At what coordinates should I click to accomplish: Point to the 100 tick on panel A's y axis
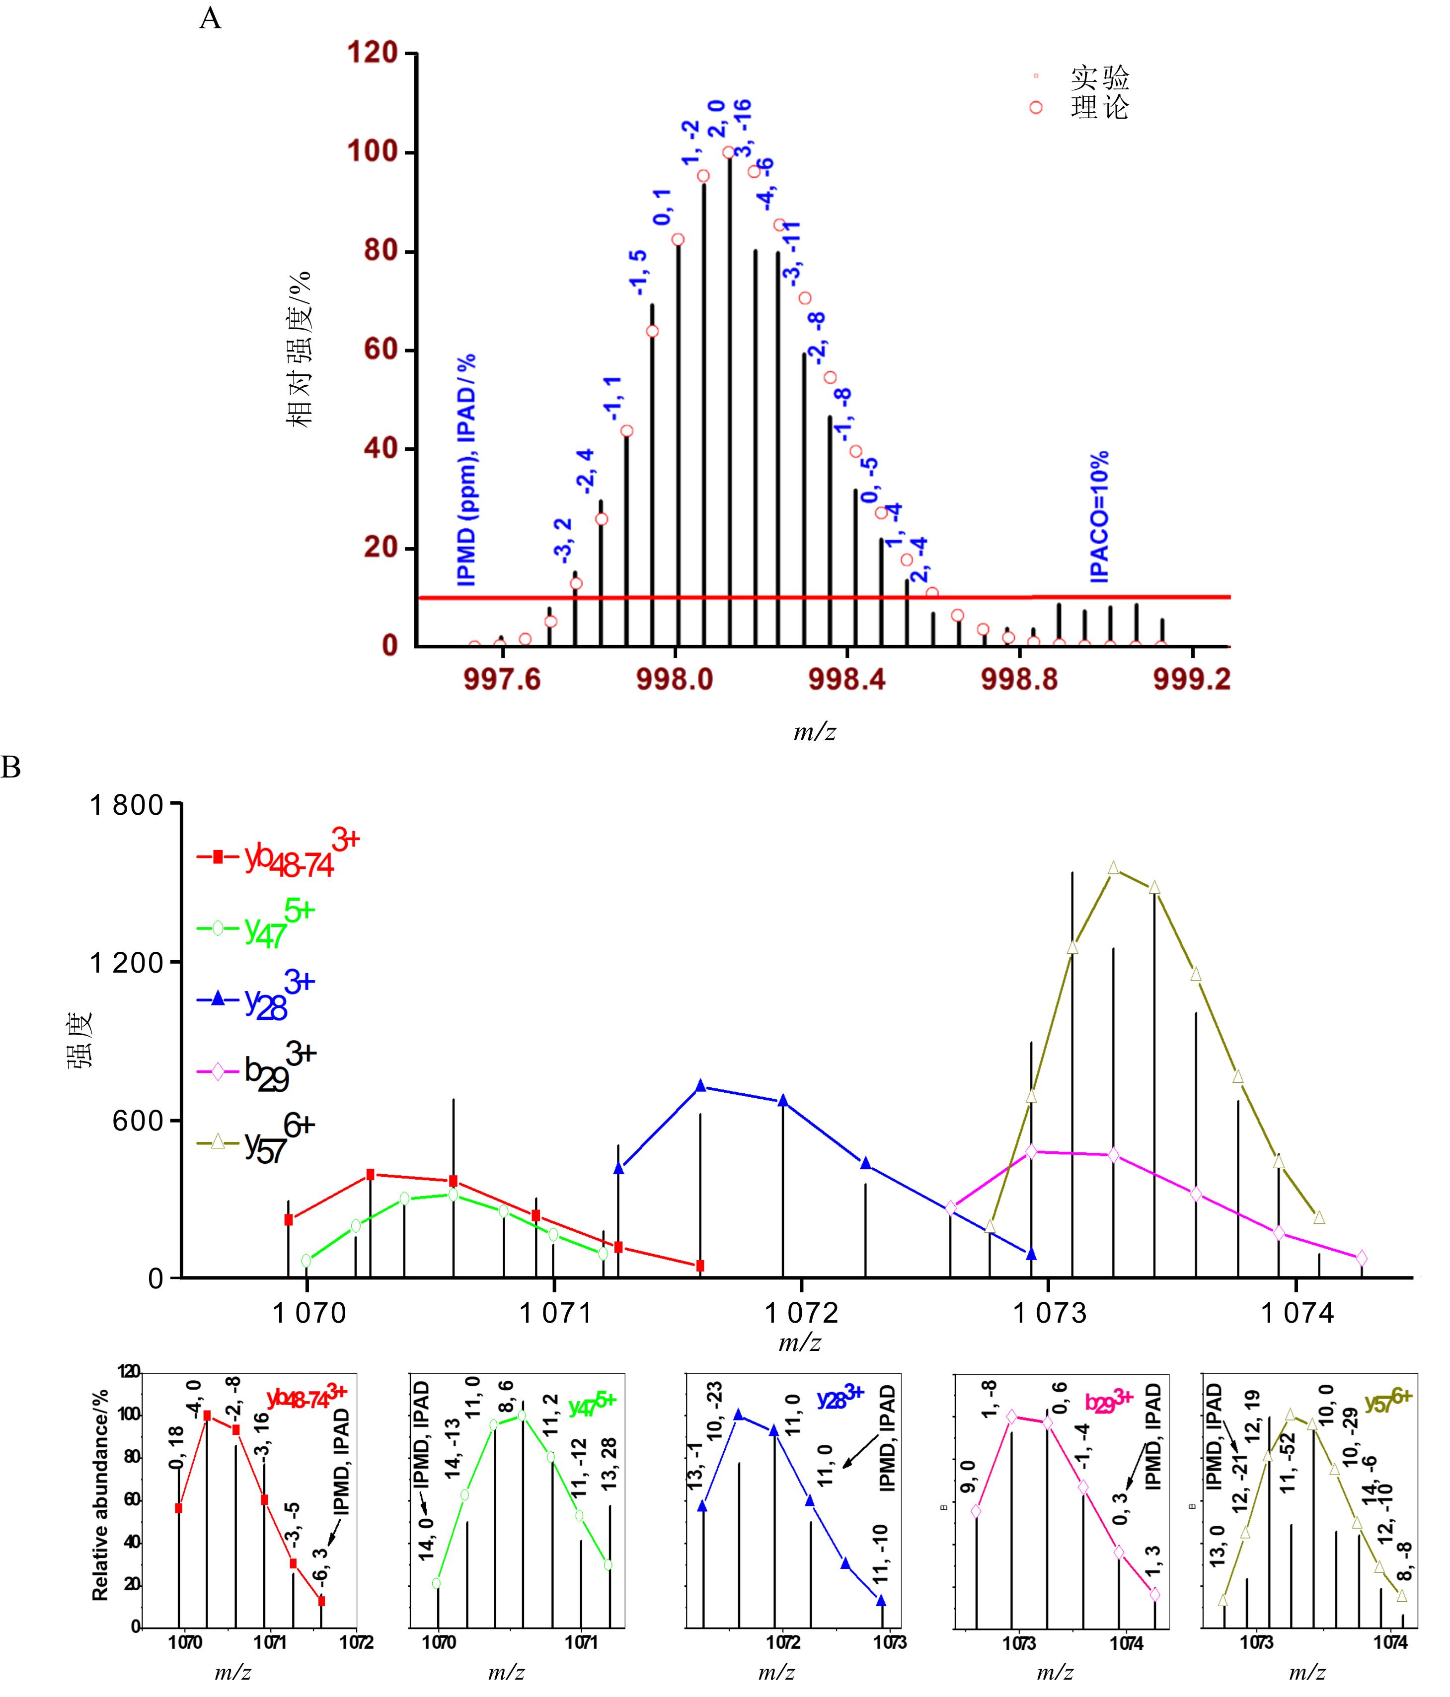[373, 152]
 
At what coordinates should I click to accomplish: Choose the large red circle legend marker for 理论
[1036, 107]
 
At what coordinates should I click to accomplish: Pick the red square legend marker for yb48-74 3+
[218, 857]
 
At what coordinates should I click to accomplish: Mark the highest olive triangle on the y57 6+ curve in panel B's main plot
[1113, 868]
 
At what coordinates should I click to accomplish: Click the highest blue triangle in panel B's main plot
[700, 1086]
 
